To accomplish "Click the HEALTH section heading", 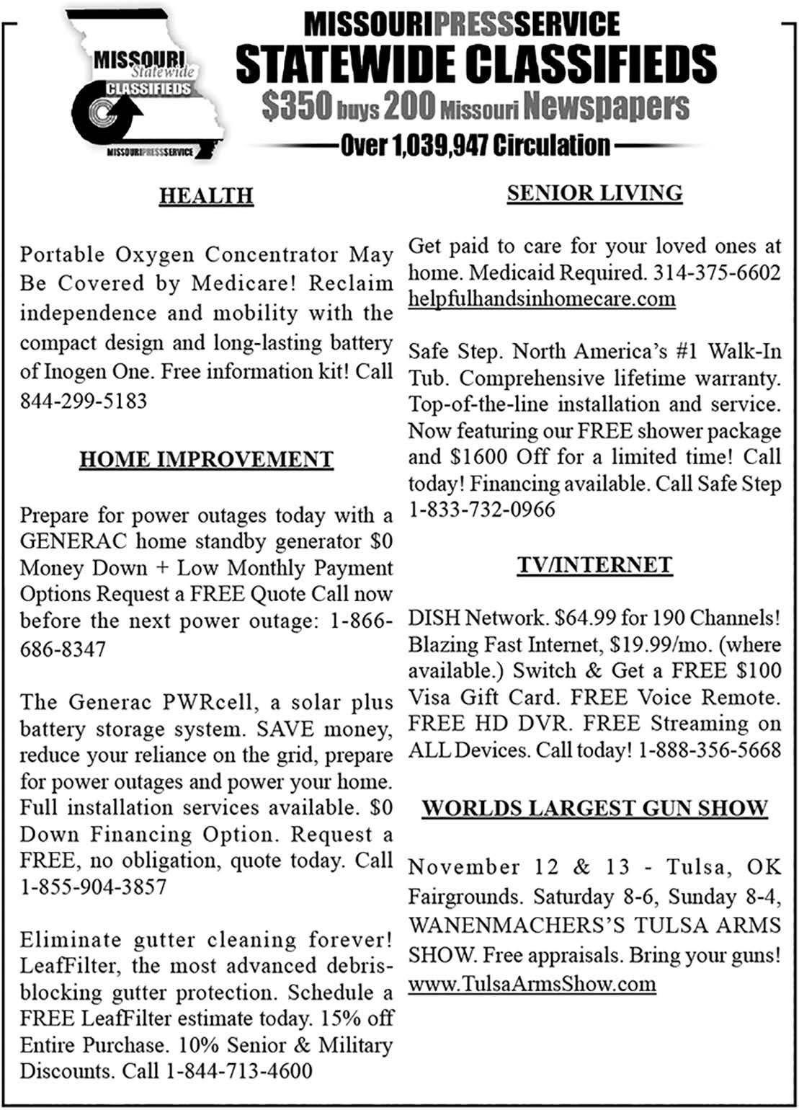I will (206, 196).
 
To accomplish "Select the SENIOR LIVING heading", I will (594, 193).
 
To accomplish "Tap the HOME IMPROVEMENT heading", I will (206, 460).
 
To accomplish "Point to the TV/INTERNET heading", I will (594, 565).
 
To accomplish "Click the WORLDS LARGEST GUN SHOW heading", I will (594, 808).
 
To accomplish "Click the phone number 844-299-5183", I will (84, 401).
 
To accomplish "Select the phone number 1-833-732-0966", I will (482, 510).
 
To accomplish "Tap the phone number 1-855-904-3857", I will (94, 887).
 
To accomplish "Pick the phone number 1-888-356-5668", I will (709, 750).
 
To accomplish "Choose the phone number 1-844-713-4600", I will (239, 1071).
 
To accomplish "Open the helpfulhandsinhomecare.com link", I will (542, 299).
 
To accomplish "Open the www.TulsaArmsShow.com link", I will (532, 984).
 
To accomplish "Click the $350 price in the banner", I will (297, 107).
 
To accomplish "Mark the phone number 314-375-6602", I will (716, 273).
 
